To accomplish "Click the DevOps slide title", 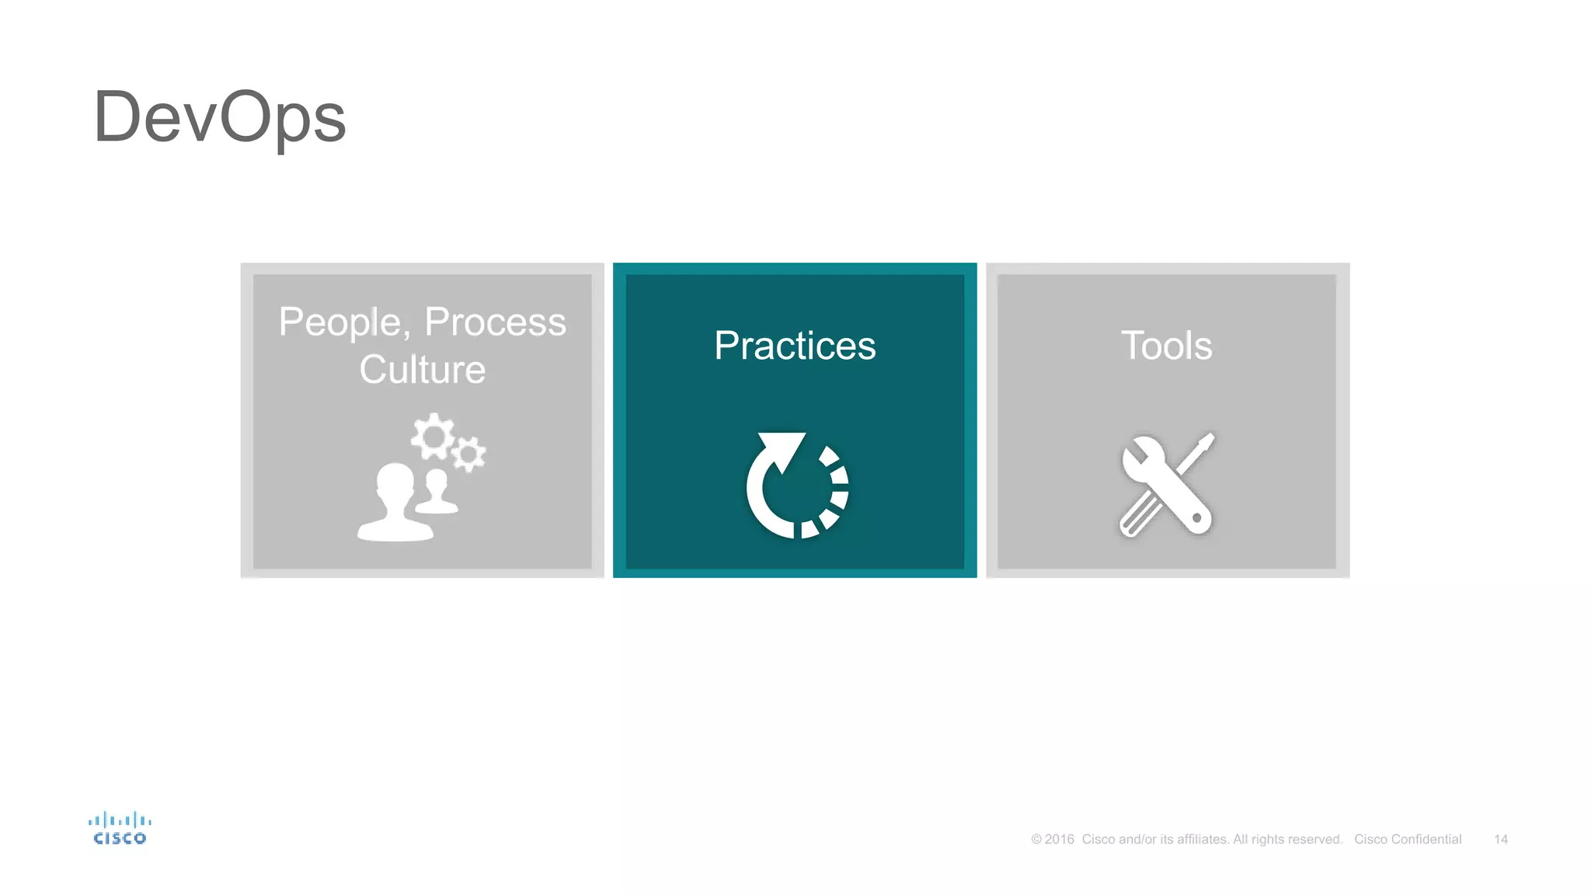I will coord(219,117).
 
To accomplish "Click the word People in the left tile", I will coord(339,322).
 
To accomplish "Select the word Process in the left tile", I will coord(495,322).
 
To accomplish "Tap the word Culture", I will coord(422,369).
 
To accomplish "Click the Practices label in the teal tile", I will coord(795,346).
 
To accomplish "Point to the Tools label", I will coord(1166,346).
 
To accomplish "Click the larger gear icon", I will coord(432,437).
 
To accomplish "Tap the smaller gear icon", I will coord(468,454).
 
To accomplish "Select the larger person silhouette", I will coord(395,503).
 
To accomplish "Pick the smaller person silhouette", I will coord(437,492).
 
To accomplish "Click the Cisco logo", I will coord(120,828).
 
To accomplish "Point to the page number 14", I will coord(1500,839).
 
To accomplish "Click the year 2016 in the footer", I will coord(1059,839).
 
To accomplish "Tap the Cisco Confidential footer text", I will coord(1408,839).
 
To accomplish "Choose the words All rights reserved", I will coord(1287,839).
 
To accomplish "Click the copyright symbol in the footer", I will coord(1036,839).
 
